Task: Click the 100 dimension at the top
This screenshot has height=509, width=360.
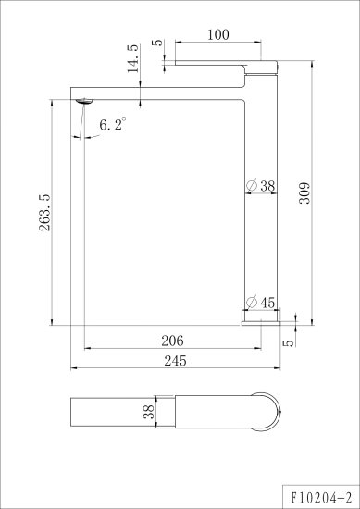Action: [218, 35]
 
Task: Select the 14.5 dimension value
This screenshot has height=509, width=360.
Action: [132, 58]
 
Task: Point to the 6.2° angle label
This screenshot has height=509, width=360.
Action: [113, 124]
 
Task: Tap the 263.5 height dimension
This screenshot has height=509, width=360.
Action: [44, 213]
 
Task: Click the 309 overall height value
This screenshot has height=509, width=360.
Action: [304, 193]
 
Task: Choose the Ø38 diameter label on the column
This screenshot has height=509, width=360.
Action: [261, 186]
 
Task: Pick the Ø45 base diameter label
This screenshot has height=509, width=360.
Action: [261, 303]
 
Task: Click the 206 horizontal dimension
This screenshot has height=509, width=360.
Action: [172, 341]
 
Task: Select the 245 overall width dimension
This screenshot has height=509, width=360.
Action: [175, 361]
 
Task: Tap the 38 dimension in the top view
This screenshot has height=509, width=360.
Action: [149, 412]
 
